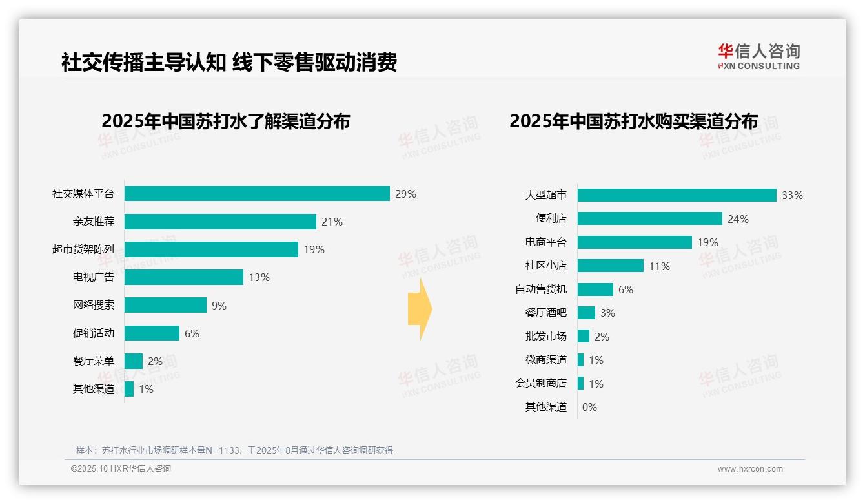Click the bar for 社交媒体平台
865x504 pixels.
[257, 194]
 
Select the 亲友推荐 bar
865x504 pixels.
[220, 222]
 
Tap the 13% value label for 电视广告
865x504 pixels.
[259, 278]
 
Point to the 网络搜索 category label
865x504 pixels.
[93, 305]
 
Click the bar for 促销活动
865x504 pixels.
[152, 333]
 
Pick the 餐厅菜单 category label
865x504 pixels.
[93, 361]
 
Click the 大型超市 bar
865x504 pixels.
[677, 195]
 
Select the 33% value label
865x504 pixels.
[792, 195]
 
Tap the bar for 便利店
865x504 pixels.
[649, 219]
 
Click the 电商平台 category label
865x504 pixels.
[545, 242]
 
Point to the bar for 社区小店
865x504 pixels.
[610, 266]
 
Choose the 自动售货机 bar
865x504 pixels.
[595, 289]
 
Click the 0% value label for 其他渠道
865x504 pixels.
[589, 407]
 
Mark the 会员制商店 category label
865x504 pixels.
[540, 383]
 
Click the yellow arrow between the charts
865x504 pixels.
[420, 310]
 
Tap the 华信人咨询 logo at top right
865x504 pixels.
[758, 56]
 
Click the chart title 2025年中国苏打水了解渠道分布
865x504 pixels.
[225, 121]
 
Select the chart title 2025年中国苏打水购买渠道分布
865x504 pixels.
[633, 121]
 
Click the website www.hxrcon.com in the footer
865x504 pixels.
[749, 469]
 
